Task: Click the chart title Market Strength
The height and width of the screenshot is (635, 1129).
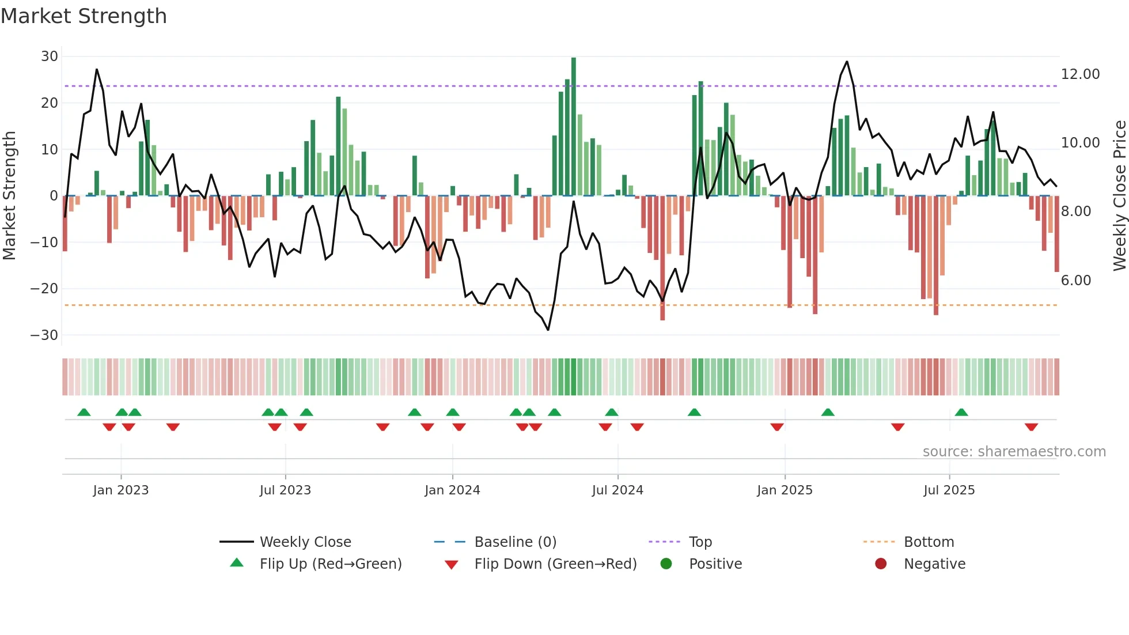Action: [x=84, y=16]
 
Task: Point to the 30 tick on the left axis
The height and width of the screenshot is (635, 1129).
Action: [x=50, y=56]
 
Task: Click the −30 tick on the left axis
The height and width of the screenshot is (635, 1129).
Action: [x=44, y=335]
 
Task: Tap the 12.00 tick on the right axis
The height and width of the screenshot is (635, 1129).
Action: [x=1080, y=74]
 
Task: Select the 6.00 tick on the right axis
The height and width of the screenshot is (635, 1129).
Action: [x=1075, y=281]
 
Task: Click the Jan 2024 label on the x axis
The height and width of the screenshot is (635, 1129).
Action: [x=452, y=490]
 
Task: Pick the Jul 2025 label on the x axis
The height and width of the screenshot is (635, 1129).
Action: [x=949, y=490]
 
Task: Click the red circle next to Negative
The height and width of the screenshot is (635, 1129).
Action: [x=881, y=564]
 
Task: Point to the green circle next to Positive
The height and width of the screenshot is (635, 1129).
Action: [x=666, y=564]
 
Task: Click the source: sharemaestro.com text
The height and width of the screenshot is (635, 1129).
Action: [x=1014, y=452]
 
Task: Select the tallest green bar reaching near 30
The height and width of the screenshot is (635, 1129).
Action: [x=573, y=127]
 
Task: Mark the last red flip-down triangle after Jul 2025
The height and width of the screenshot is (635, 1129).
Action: [x=1031, y=427]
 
